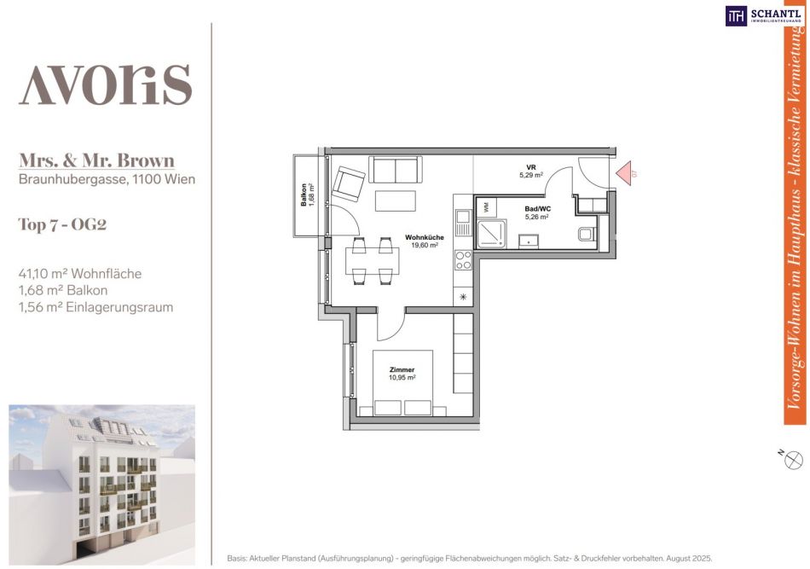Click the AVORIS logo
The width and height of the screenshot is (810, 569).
click(106, 84)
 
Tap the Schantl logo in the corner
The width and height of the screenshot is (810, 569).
click(764, 15)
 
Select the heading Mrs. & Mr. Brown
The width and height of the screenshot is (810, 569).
click(96, 160)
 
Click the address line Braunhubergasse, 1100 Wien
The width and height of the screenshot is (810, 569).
click(107, 179)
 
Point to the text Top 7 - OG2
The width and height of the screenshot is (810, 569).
click(62, 224)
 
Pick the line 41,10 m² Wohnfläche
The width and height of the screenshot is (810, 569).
click(80, 273)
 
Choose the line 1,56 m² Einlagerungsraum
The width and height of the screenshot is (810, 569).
click(95, 307)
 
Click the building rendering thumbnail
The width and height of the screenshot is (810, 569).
click(101, 485)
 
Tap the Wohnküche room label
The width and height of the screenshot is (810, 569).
click(424, 241)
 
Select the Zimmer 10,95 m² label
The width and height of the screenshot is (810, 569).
click(402, 374)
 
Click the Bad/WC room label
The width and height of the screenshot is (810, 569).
click(537, 213)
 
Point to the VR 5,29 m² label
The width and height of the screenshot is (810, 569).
click(531, 171)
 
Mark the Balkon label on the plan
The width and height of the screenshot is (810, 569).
click(308, 195)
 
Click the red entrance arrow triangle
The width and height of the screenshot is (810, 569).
click(623, 172)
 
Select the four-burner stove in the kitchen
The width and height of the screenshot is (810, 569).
click(463, 260)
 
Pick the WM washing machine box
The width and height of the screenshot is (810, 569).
click(486, 207)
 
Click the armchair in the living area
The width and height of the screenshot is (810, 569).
click(348, 183)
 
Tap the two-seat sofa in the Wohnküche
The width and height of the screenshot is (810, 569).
click(395, 170)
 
